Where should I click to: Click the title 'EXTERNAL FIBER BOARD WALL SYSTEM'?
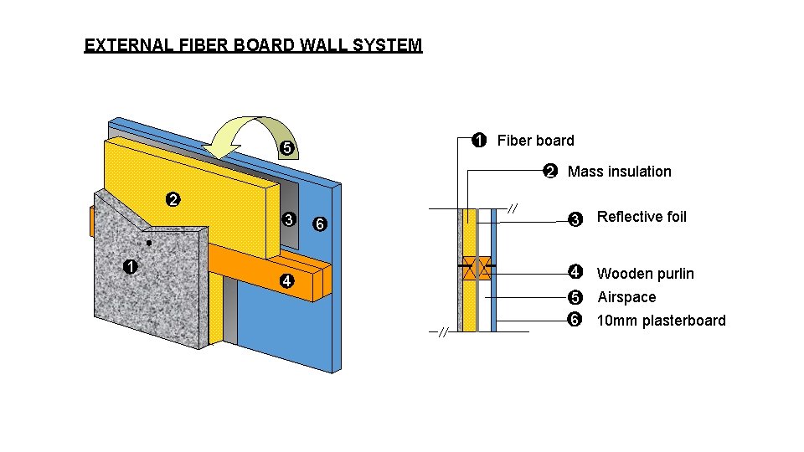[x=253, y=45]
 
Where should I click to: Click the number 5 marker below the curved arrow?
[x=286, y=149]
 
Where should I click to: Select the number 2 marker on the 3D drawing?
[x=172, y=200]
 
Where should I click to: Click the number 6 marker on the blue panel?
[x=318, y=224]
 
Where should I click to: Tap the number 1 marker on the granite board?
[x=129, y=268]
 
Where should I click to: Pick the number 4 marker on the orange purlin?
[x=286, y=282]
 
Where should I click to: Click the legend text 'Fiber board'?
[x=535, y=141]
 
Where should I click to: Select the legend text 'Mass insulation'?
[x=619, y=172]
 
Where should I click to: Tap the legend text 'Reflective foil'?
[x=641, y=218]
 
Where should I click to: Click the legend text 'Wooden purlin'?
[x=645, y=274]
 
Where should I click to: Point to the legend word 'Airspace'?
[x=626, y=297]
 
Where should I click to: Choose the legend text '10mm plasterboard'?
[x=661, y=321]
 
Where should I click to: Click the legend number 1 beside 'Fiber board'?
[x=477, y=141]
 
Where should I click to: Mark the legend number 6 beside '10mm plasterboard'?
[x=575, y=321]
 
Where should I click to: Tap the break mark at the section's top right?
[x=513, y=208]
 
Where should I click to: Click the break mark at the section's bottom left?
[x=443, y=332]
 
